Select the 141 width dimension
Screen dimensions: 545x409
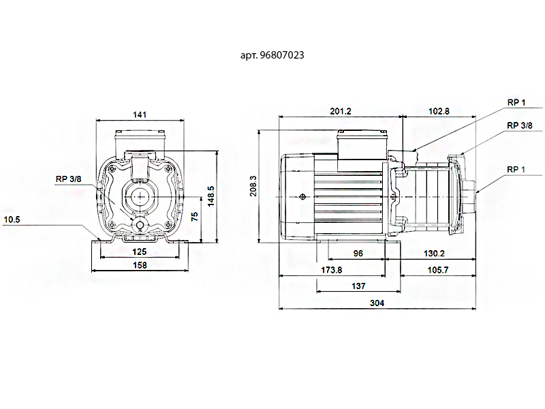140,115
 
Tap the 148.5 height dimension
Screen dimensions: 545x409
211,196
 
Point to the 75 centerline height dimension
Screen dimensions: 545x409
195,216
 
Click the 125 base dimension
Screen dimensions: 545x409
140,252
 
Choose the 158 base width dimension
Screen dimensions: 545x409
140,265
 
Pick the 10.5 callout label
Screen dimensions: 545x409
12,219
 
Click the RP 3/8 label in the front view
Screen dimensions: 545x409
69,179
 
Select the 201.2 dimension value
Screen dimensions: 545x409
341,111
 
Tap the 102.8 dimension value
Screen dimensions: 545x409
439,111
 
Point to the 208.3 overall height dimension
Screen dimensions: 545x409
253,185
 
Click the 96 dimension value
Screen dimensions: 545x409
358,253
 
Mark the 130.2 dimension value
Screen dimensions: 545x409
434,253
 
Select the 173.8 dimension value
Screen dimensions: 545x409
331,270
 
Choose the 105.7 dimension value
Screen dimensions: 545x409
438,270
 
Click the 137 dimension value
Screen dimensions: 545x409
358,286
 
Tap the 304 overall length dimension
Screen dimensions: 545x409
377,303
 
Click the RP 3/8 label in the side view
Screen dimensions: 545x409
520,125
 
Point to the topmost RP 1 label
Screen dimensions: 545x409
516,102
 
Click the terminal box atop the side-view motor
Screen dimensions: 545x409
362,145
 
